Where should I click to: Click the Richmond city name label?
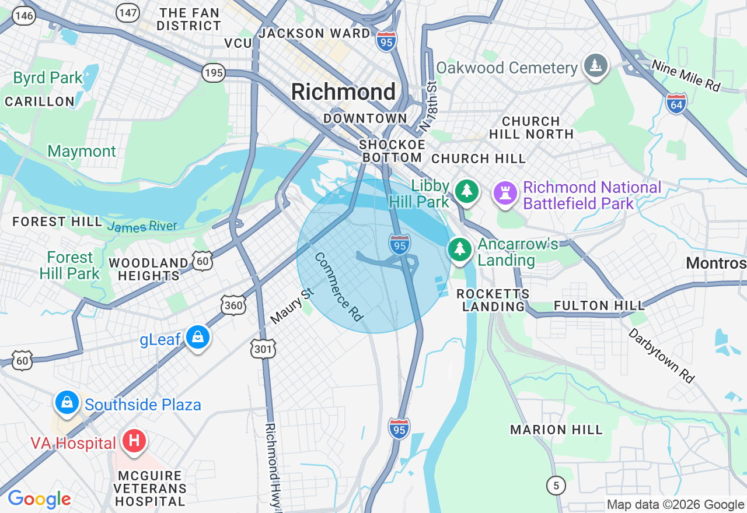pos(343,92)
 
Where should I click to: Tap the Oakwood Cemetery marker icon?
pos(595,65)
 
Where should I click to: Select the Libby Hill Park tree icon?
pos(466,191)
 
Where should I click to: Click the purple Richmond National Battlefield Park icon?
pos(505,192)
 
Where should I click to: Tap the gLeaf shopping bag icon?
pos(198,338)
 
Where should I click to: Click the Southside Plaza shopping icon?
pos(67,403)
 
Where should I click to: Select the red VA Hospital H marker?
pos(134,441)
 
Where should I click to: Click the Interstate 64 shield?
pos(676,103)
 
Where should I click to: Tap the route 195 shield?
pos(214,73)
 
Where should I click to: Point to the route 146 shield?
pos(24,16)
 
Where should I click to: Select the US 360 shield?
pos(233,304)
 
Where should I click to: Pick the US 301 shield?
pos(263,349)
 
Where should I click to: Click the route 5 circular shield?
pos(556,484)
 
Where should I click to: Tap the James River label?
pos(142,226)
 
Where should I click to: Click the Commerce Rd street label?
pos(338,286)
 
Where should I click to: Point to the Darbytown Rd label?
pos(662,355)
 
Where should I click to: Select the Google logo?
pos(39,499)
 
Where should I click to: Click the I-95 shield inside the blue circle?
pos(400,244)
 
